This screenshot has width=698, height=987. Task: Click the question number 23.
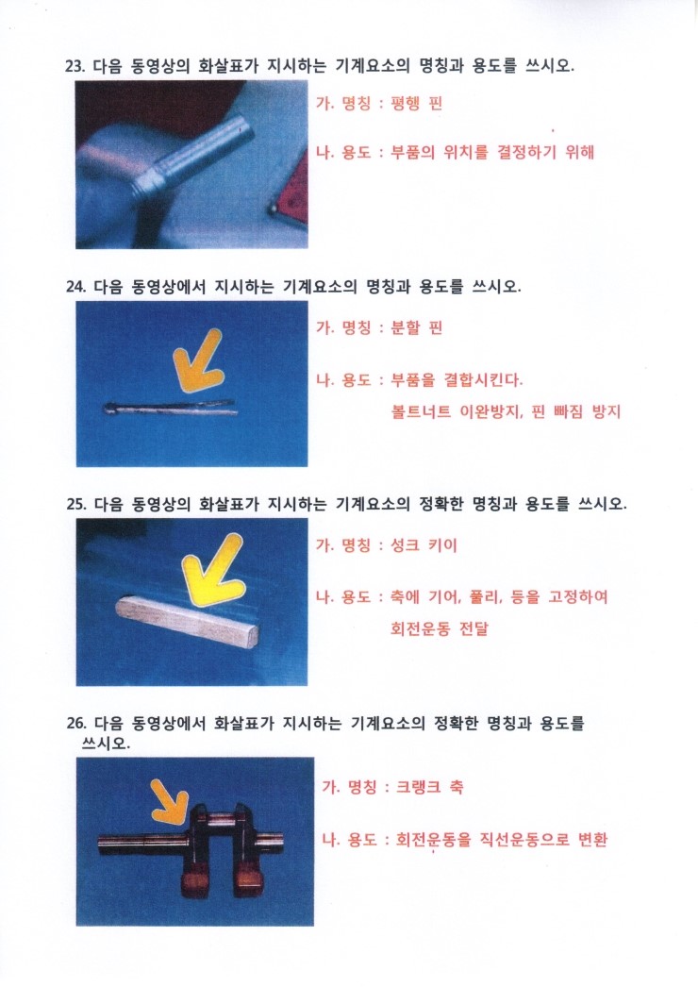(75, 66)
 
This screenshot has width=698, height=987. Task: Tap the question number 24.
(75, 287)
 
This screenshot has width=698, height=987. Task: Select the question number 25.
(75, 504)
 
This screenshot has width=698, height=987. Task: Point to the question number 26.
(75, 723)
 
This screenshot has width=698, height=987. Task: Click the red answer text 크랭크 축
(429, 787)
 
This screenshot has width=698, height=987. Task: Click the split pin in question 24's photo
(170, 407)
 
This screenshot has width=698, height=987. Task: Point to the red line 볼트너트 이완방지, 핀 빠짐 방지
(506, 412)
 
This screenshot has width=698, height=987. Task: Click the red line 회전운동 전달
(440, 628)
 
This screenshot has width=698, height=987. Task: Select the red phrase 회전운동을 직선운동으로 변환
(502, 840)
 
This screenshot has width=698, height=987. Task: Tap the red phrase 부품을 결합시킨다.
(457, 380)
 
